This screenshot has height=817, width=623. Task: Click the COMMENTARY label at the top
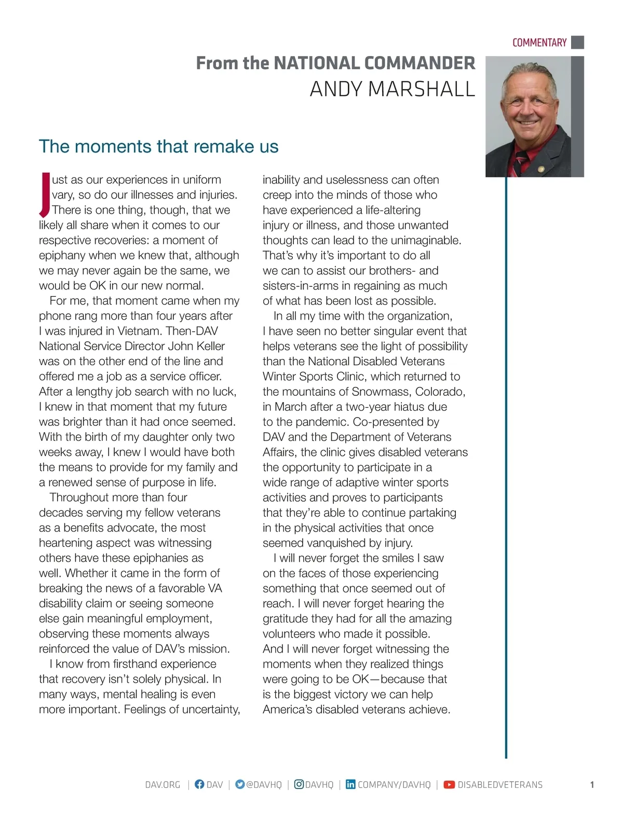539,43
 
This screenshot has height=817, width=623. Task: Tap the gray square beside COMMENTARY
577,42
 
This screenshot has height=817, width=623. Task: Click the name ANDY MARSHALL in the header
392,89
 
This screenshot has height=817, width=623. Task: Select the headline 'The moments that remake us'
158,146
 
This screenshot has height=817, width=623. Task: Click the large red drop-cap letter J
45,195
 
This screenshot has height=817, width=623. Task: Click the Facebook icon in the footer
199,784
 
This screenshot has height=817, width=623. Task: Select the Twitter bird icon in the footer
239,784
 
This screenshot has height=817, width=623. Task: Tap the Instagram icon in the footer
299,784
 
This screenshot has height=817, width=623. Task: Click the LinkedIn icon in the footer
350,784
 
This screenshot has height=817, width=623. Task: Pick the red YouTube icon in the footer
449,785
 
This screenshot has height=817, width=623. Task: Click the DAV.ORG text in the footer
162,785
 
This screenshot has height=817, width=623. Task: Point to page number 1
592,785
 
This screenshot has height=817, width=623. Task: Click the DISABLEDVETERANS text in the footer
500,785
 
